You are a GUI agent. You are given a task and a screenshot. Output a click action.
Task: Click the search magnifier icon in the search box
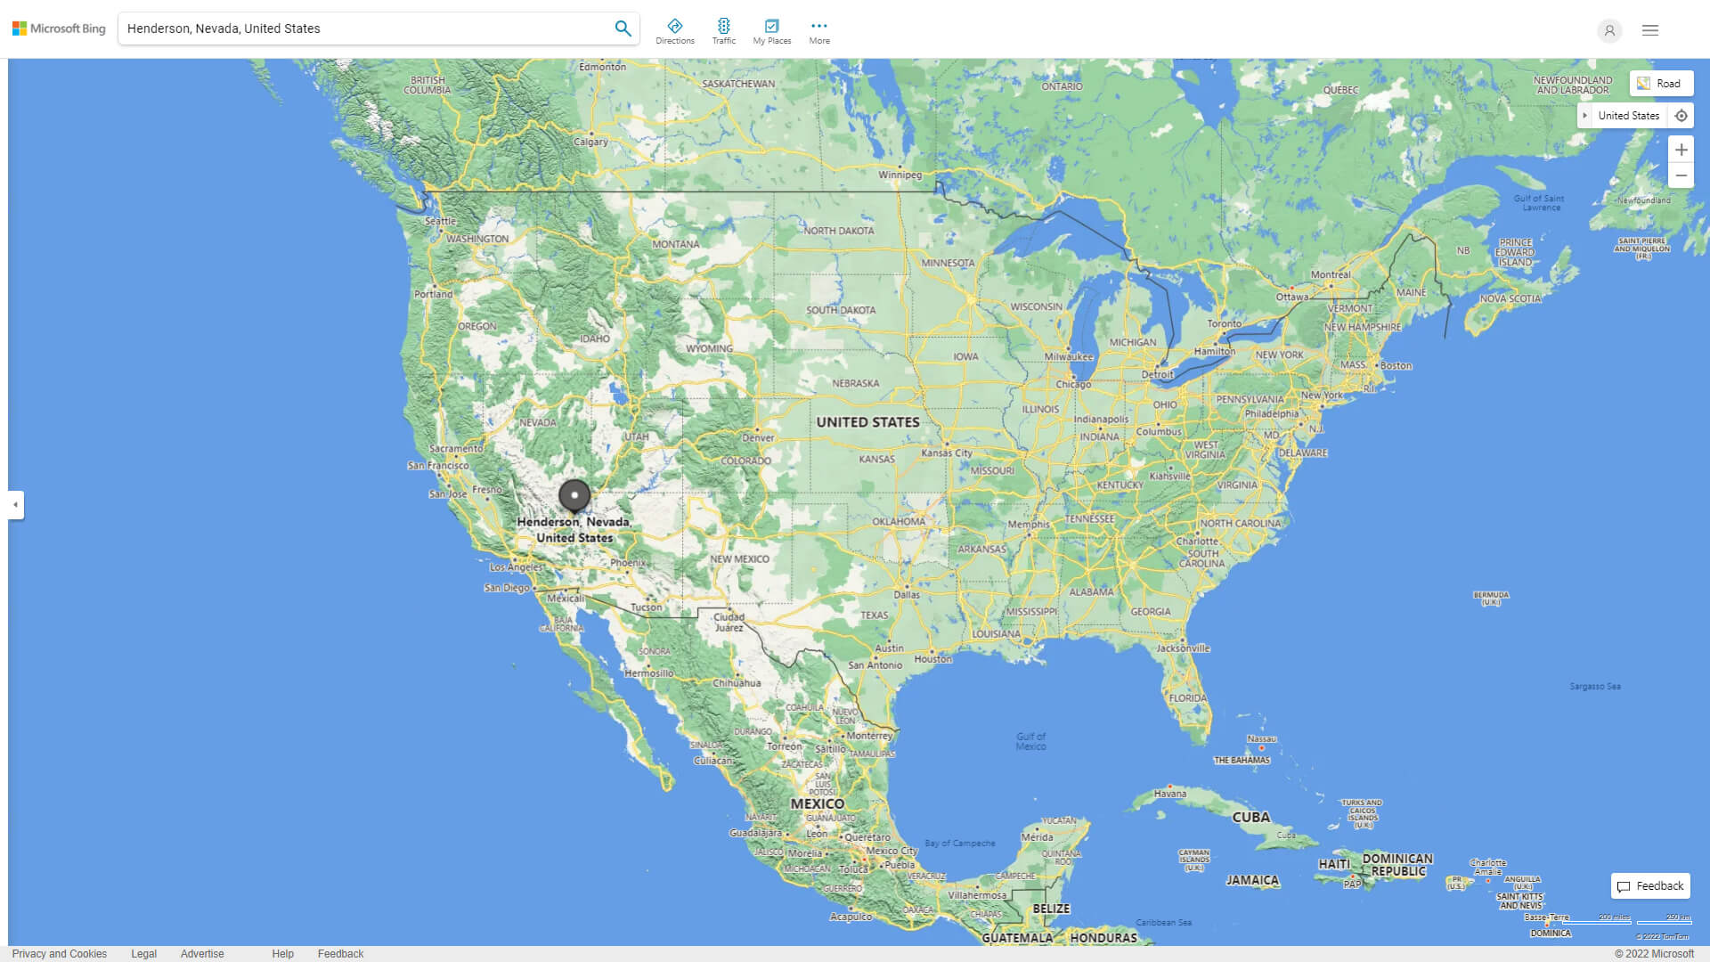623,29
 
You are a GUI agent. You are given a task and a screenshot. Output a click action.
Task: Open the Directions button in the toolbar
675,31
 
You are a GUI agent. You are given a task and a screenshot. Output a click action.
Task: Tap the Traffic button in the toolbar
724,31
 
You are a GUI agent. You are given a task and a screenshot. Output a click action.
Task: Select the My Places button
771,31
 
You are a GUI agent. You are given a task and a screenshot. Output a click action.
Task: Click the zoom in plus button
1681,150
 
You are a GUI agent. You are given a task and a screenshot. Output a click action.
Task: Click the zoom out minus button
1681,175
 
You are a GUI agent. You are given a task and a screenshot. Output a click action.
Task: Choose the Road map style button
1661,84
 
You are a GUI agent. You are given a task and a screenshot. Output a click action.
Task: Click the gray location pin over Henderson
574,495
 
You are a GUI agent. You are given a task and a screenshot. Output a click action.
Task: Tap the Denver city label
758,437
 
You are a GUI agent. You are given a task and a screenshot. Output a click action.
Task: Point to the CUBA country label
1250,817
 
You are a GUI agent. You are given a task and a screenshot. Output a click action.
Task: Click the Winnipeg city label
900,175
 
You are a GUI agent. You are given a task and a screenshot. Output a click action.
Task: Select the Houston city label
932,659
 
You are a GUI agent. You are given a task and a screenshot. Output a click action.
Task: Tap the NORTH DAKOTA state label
838,231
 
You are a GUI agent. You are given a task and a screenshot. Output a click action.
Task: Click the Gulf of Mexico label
1030,741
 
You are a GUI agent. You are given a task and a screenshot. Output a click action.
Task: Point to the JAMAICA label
1252,880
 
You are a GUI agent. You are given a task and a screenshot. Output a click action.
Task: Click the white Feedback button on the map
1650,886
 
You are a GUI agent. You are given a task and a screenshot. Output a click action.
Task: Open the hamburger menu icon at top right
1649,30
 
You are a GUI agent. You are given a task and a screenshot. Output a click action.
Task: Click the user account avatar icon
1608,30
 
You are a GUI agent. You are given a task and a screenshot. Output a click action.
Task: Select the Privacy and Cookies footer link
60,954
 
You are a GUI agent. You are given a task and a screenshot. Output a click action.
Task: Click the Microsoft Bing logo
59,29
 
